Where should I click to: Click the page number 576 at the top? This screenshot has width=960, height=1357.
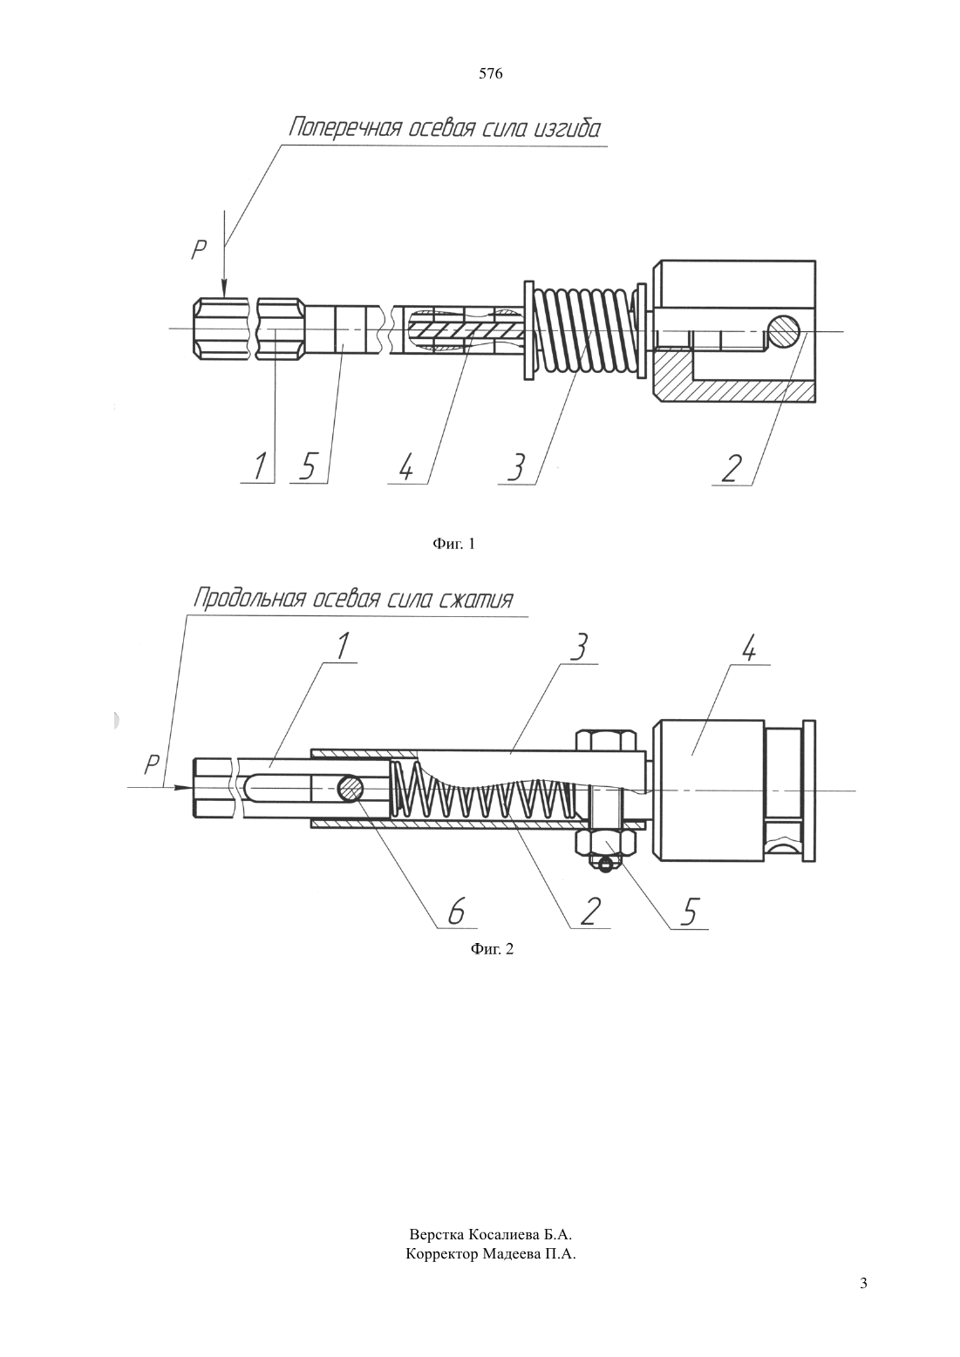490,74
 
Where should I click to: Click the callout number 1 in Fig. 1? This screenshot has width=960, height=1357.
259,466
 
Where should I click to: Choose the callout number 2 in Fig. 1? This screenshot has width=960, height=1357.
731,468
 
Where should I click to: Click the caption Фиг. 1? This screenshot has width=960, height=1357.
453,544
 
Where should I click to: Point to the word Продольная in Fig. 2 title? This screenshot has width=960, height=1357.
248,599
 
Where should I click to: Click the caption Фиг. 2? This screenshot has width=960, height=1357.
492,949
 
